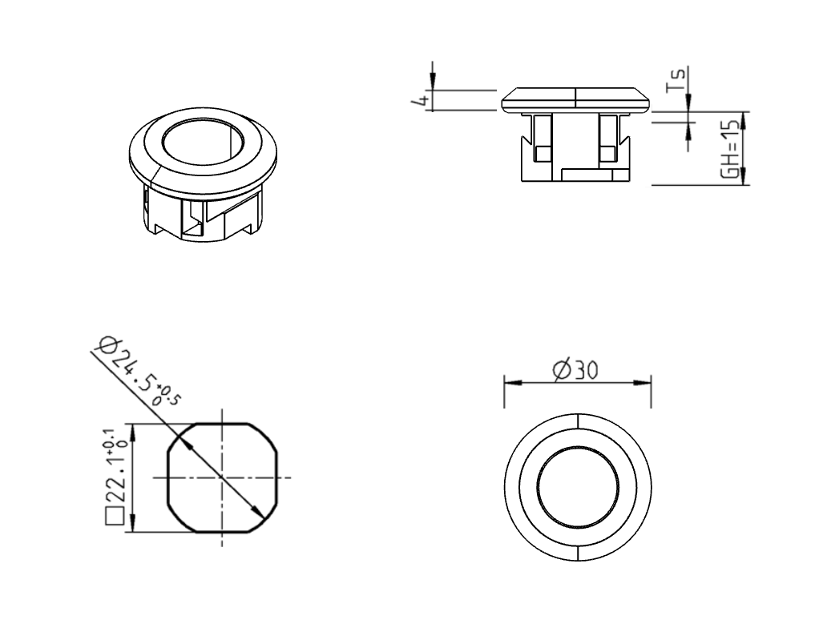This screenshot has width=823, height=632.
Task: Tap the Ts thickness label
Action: pyautogui.click(x=677, y=78)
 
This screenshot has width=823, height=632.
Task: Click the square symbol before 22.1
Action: pyautogui.click(x=113, y=515)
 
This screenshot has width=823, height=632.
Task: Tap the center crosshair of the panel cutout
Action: pyautogui.click(x=222, y=477)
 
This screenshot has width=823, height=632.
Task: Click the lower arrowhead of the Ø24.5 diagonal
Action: pyautogui.click(x=257, y=513)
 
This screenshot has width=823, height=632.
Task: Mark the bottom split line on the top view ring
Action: pyautogui.click(x=577, y=551)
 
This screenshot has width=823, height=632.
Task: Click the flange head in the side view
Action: pyautogui.click(x=576, y=99)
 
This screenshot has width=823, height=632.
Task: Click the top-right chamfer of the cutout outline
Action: pyautogui.click(x=264, y=435)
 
